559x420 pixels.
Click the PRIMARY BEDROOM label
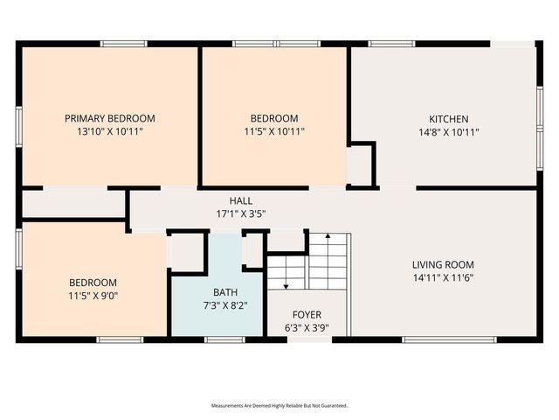(110, 118)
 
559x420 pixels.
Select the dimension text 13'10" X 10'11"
(110, 131)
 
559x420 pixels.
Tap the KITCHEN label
(448, 119)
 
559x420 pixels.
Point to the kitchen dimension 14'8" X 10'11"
(448, 132)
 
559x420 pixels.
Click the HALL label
(241, 200)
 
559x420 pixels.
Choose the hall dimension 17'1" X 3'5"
(241, 213)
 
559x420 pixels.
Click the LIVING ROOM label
(443, 264)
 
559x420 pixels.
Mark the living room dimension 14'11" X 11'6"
(443, 277)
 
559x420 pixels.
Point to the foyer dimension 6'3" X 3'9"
(307, 328)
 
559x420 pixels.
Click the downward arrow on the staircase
(286, 282)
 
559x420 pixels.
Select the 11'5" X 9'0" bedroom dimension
(93, 296)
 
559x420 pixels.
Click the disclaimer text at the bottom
(279, 406)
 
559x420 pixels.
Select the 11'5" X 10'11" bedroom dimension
(274, 132)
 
